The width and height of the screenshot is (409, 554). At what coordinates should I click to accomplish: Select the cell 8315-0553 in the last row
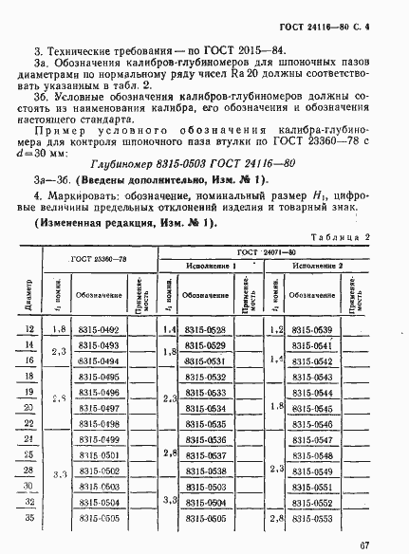coord(309,519)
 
